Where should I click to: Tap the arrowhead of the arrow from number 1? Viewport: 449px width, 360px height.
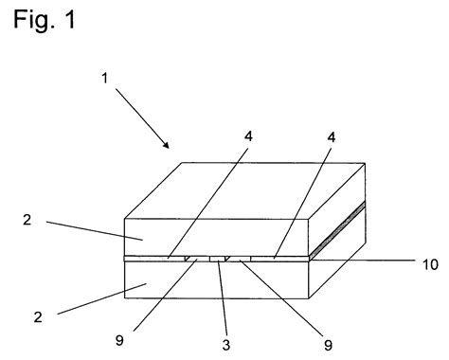(167, 145)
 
